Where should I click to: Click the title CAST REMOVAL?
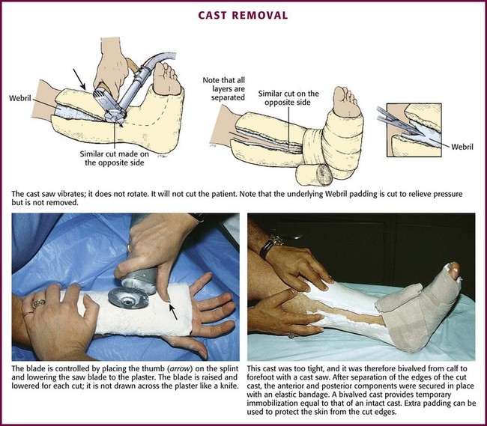tap(243, 15)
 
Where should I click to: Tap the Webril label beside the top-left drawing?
tap(19, 97)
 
